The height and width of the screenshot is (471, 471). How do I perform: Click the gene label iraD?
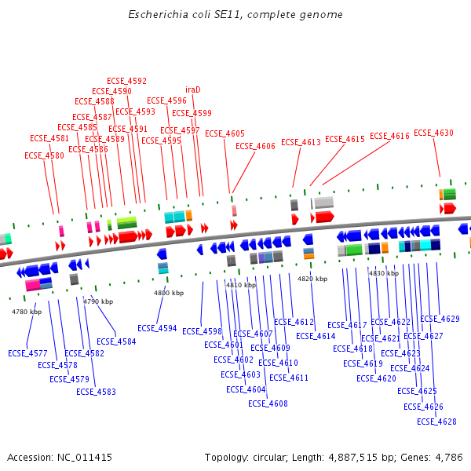point(193,89)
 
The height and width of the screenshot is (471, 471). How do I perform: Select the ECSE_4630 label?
point(433,133)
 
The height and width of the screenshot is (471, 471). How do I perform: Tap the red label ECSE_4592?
point(126,81)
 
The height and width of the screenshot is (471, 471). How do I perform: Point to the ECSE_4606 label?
point(255,146)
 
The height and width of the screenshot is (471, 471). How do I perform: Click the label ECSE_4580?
point(44,155)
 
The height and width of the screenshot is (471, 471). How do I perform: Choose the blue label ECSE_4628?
point(436,422)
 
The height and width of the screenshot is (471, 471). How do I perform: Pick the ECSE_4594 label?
point(157,328)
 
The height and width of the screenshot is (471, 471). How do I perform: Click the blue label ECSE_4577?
point(27,353)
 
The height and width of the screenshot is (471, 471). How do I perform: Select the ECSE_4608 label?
point(268,403)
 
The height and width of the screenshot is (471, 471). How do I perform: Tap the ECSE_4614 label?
point(316,336)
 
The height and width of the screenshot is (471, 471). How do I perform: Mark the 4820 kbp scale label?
point(312,279)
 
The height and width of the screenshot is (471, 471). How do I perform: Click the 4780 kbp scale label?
point(26,312)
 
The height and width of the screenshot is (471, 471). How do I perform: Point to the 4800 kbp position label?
point(169,293)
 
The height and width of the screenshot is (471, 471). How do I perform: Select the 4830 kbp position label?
point(383,273)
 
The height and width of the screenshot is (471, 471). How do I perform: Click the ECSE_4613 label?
point(301,142)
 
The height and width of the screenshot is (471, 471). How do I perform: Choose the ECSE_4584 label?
point(116,341)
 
